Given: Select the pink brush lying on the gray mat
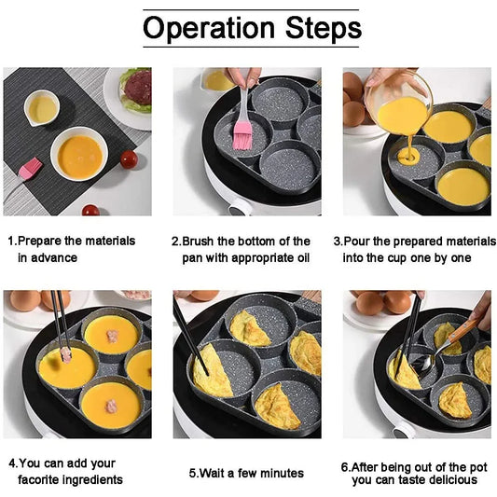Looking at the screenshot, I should (x=30, y=169).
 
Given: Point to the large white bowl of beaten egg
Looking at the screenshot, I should (x=79, y=154).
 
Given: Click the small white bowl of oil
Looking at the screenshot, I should (x=42, y=108).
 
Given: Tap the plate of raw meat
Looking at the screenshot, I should (x=136, y=90).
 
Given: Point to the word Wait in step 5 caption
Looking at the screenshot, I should (x=216, y=473).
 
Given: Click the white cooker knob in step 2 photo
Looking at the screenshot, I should (x=239, y=204).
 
